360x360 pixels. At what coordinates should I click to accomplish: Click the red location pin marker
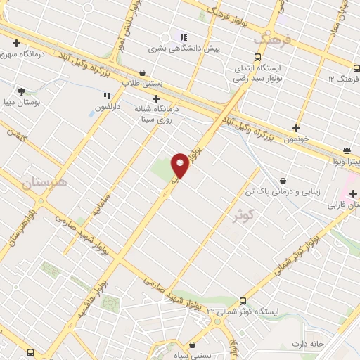click(x=181, y=166)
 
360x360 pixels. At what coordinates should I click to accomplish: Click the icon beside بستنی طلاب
click(x=143, y=72)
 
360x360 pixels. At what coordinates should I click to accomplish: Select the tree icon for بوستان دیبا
click(x=21, y=91)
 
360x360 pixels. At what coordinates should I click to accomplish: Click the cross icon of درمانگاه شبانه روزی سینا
click(x=156, y=99)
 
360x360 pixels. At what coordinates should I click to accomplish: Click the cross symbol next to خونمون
click(x=297, y=129)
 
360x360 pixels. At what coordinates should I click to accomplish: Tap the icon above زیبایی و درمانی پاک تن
click(x=283, y=181)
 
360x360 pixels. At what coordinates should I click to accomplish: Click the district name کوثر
click(x=245, y=215)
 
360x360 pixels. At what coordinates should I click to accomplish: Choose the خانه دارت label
click(x=310, y=344)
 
